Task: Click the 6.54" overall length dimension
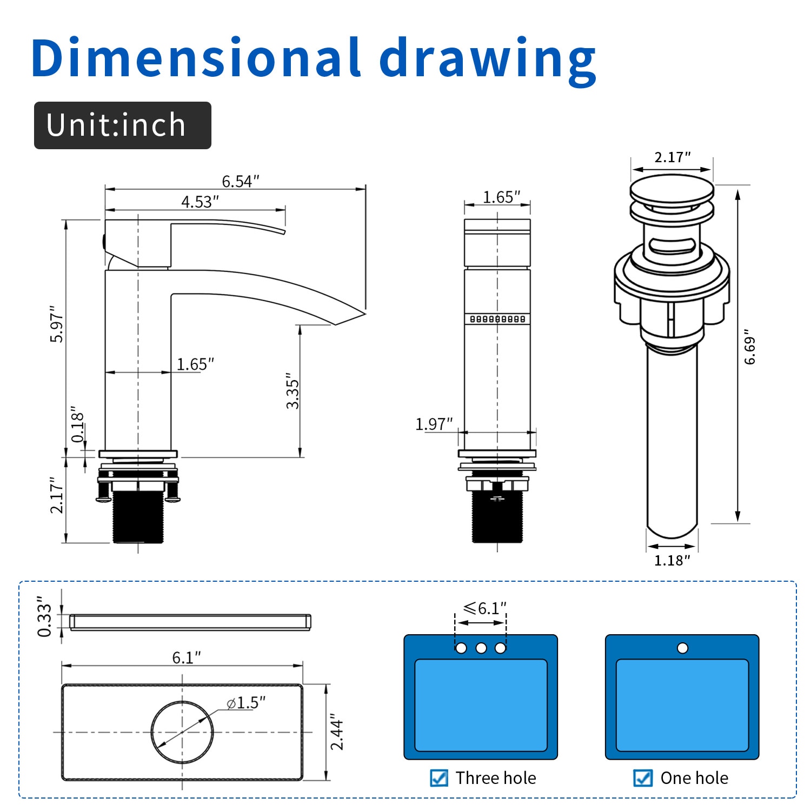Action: coord(240,181)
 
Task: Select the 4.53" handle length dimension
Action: coord(200,202)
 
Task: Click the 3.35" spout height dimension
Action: coord(293,390)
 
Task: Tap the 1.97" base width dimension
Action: coord(434,424)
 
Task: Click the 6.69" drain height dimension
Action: coord(749,347)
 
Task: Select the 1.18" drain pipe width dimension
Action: coord(672,561)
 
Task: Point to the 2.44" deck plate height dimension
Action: coord(337,732)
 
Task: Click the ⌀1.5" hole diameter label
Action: coord(246,703)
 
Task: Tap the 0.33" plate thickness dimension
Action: coord(44,617)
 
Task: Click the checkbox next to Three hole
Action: coord(439,778)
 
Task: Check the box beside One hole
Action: coord(642,778)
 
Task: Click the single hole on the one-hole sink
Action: coord(682,648)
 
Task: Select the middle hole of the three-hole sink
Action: coord(481,648)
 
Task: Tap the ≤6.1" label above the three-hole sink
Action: coord(484,609)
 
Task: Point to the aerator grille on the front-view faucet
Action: coord(497,319)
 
